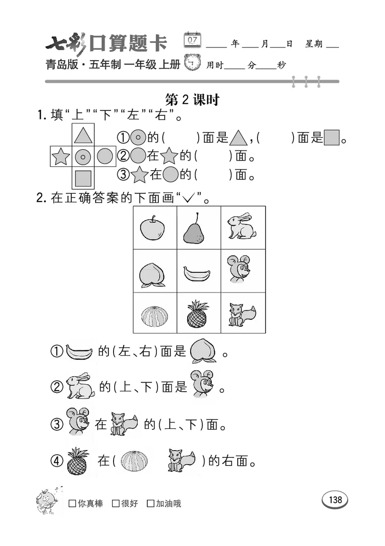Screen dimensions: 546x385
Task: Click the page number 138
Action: pos(335,500)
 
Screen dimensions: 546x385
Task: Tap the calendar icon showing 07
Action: pos(192,40)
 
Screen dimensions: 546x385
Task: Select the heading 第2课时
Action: pos(192,100)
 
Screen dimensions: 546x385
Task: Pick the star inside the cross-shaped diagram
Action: pos(61,157)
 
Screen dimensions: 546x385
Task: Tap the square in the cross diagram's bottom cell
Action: pos(83,178)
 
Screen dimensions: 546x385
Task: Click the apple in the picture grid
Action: pos(154,227)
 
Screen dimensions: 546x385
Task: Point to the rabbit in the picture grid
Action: pos(242,226)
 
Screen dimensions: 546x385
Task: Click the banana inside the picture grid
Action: pos(197,274)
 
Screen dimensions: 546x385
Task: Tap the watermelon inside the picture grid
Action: pos(154,316)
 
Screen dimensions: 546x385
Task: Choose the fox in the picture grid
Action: pos(242,315)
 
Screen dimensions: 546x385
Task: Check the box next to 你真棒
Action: pos(73,504)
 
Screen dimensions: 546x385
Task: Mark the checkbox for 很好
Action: pos(115,504)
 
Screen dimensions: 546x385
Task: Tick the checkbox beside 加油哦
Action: pos(151,504)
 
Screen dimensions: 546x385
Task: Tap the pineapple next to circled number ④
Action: pos(77,461)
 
